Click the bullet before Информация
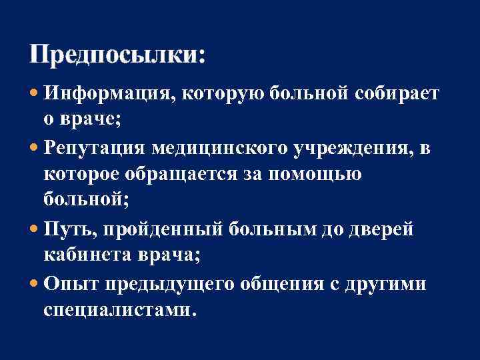coord(35,94)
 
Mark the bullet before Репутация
coord(35,149)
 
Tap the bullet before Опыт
coord(35,284)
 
